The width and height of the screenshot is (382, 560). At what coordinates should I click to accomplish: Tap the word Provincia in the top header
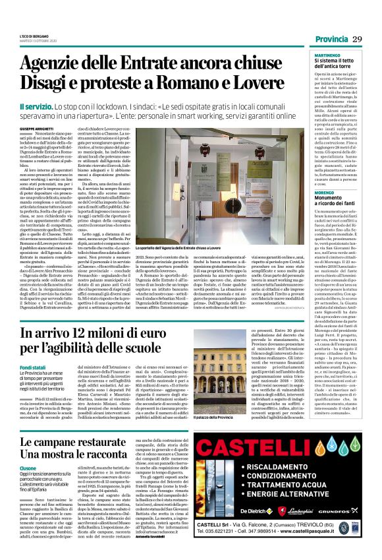(331, 40)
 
